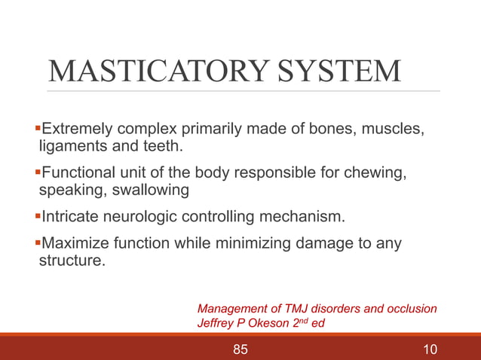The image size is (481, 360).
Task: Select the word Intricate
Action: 69,218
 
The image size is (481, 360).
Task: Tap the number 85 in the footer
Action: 240,349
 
